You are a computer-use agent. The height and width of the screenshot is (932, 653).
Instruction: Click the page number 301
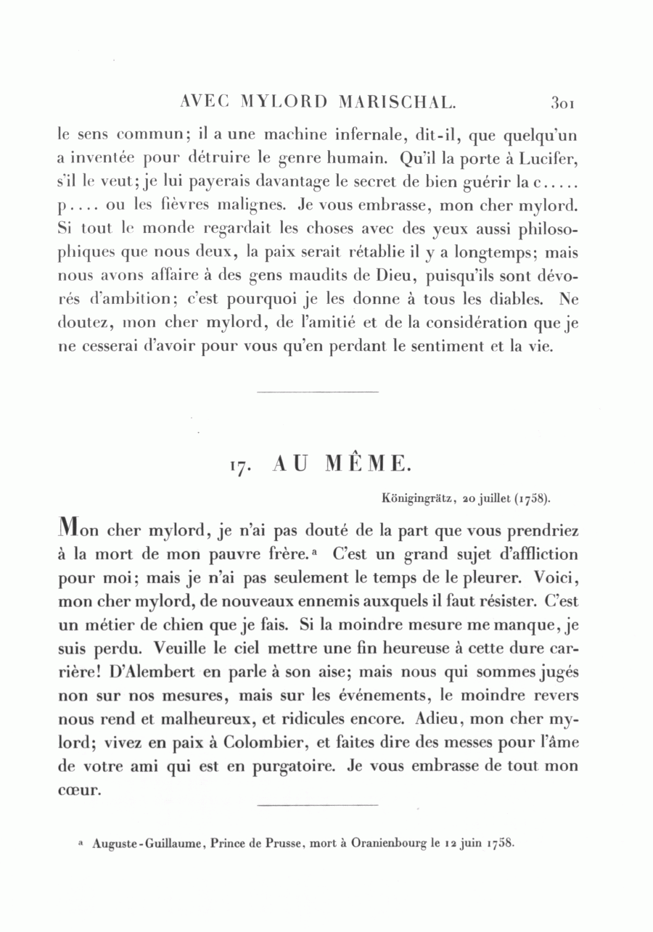coord(563,103)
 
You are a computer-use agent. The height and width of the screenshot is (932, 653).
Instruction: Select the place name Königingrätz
coord(416,498)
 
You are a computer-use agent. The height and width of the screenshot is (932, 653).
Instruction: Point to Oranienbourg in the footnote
coord(377,844)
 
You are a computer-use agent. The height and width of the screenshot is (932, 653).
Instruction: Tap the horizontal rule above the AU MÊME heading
coord(318,392)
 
